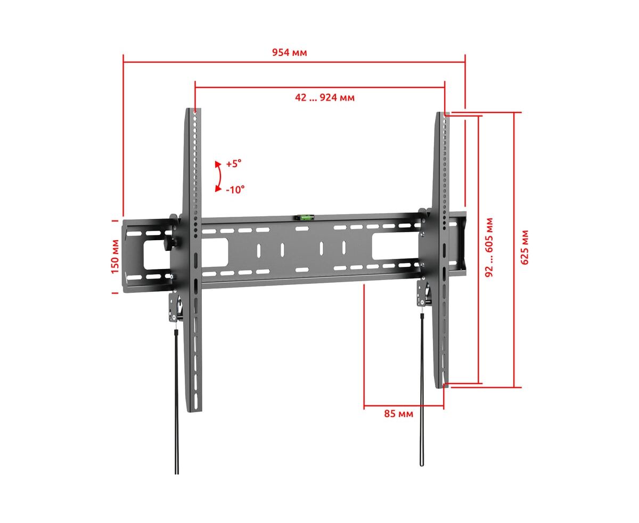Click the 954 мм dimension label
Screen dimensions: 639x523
click(289, 52)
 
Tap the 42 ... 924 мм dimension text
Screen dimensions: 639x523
click(324, 97)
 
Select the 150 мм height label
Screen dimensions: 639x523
click(115, 256)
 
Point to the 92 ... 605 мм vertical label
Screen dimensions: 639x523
click(489, 247)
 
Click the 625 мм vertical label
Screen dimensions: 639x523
click(525, 247)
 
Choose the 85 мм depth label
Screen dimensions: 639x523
click(398, 414)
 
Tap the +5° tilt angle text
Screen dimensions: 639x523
click(234, 164)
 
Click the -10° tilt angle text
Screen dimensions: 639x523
click(235, 190)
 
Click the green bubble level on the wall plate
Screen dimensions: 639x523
click(306, 217)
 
